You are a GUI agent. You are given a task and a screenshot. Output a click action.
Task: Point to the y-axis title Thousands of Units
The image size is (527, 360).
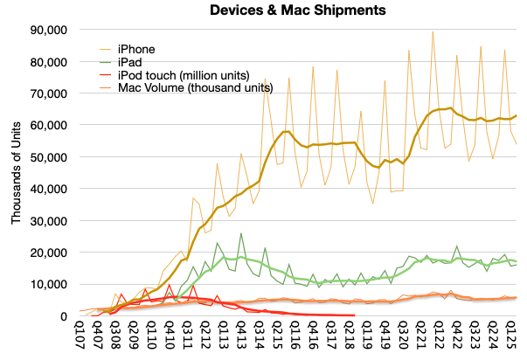[x=17, y=173]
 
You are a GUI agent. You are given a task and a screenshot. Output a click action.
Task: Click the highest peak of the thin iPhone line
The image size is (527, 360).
[x=432, y=32]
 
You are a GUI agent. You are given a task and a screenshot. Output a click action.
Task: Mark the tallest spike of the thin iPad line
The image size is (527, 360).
[x=241, y=233]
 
